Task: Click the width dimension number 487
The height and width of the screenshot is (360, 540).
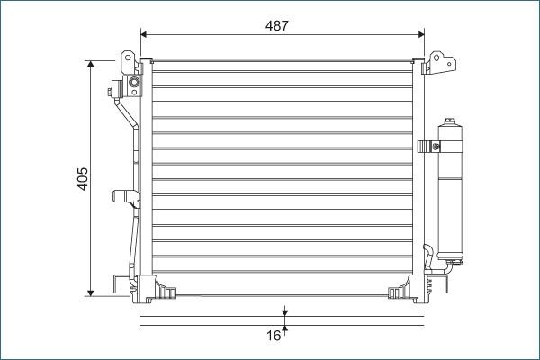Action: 277,25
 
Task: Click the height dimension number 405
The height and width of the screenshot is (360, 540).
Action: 81,178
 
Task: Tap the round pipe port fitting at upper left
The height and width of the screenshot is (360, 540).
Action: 134,85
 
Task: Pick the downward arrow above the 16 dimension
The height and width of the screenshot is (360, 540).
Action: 284,312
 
